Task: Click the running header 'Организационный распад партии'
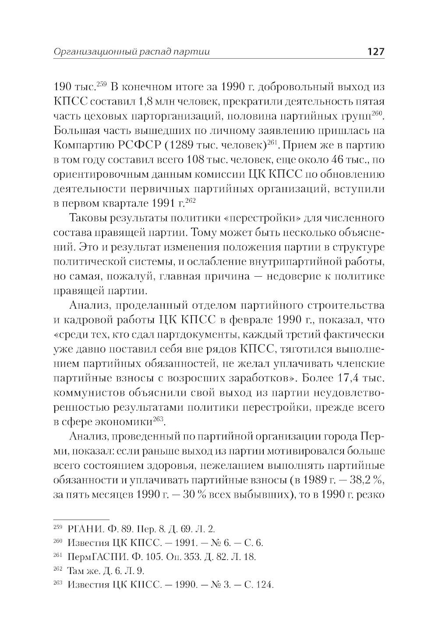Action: tap(131, 52)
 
